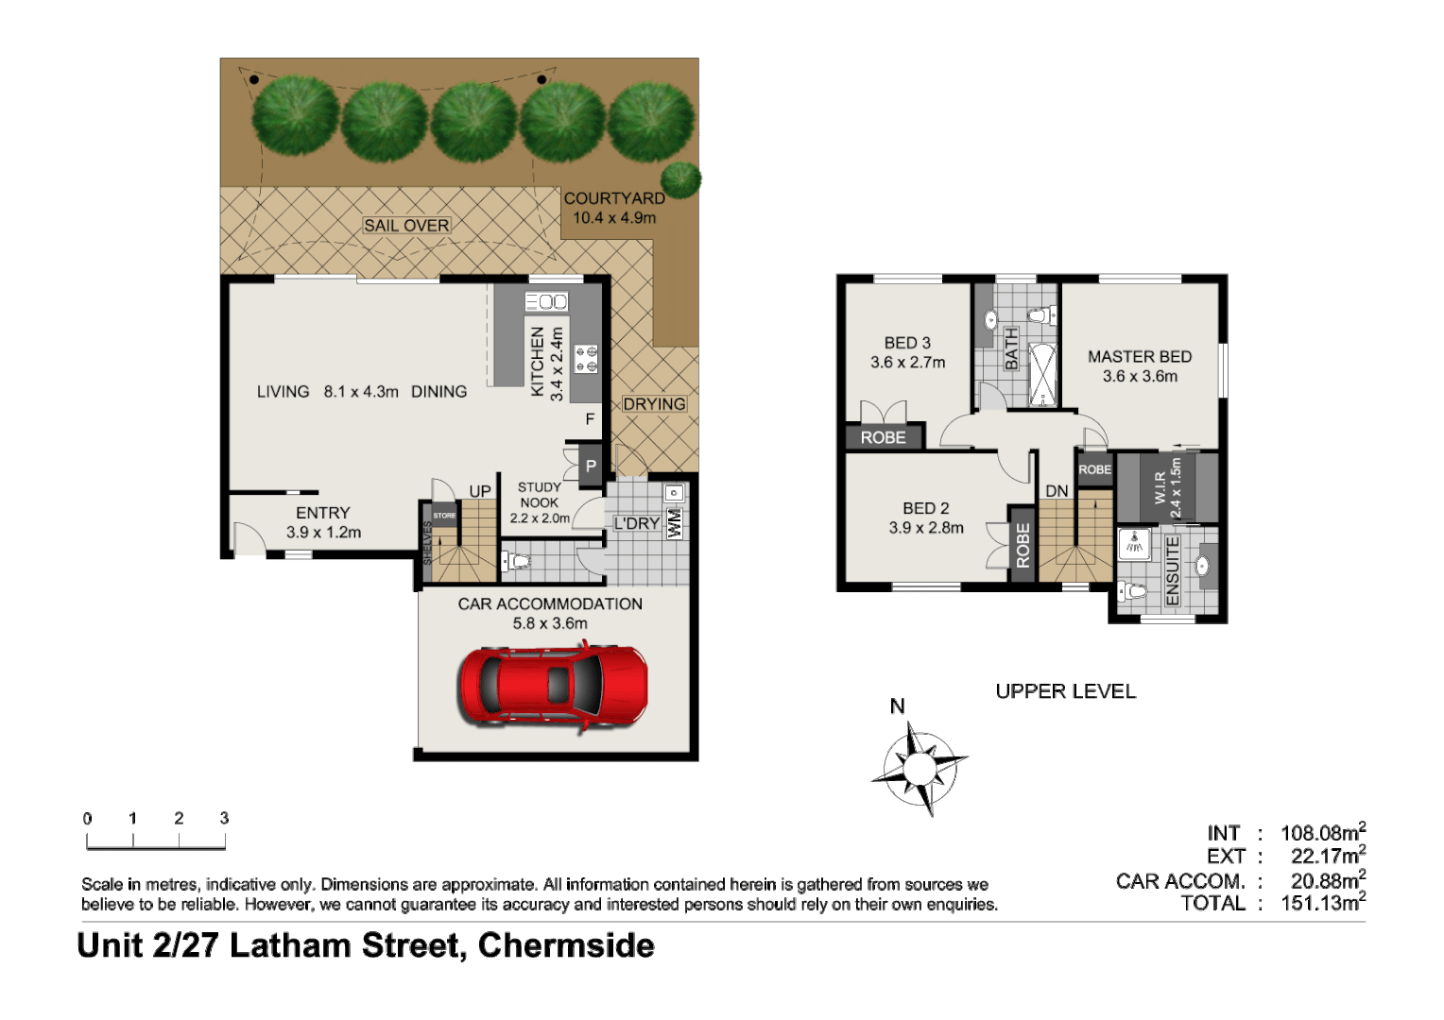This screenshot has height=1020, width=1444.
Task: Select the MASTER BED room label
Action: coord(1139,357)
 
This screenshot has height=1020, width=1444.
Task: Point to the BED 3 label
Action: coord(906,343)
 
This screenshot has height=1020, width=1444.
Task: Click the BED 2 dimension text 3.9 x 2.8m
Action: coord(925,528)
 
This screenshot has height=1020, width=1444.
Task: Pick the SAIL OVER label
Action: coord(406,226)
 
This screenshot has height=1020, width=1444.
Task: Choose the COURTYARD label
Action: coord(614,198)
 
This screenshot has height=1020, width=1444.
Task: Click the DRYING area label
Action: coord(654,404)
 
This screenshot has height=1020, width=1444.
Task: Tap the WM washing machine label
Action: coord(675,523)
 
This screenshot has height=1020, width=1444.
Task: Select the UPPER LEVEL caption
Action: coord(1065,691)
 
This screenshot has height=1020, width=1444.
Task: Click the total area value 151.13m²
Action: coord(1322,903)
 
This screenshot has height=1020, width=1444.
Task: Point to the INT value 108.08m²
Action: coord(1322,833)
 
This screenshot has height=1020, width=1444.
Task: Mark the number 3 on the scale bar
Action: coord(224,819)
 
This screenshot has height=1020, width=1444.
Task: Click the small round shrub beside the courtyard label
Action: coord(680,178)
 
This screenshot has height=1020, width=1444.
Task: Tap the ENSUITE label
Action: coord(1173,571)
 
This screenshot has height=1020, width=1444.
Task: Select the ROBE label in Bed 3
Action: coord(883,437)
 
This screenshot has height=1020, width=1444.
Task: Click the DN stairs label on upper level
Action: coord(1057,491)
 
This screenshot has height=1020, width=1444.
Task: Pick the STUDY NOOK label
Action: coord(539,495)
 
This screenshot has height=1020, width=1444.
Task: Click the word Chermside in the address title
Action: coord(566,945)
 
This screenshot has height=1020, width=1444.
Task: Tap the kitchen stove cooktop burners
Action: coord(586,358)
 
